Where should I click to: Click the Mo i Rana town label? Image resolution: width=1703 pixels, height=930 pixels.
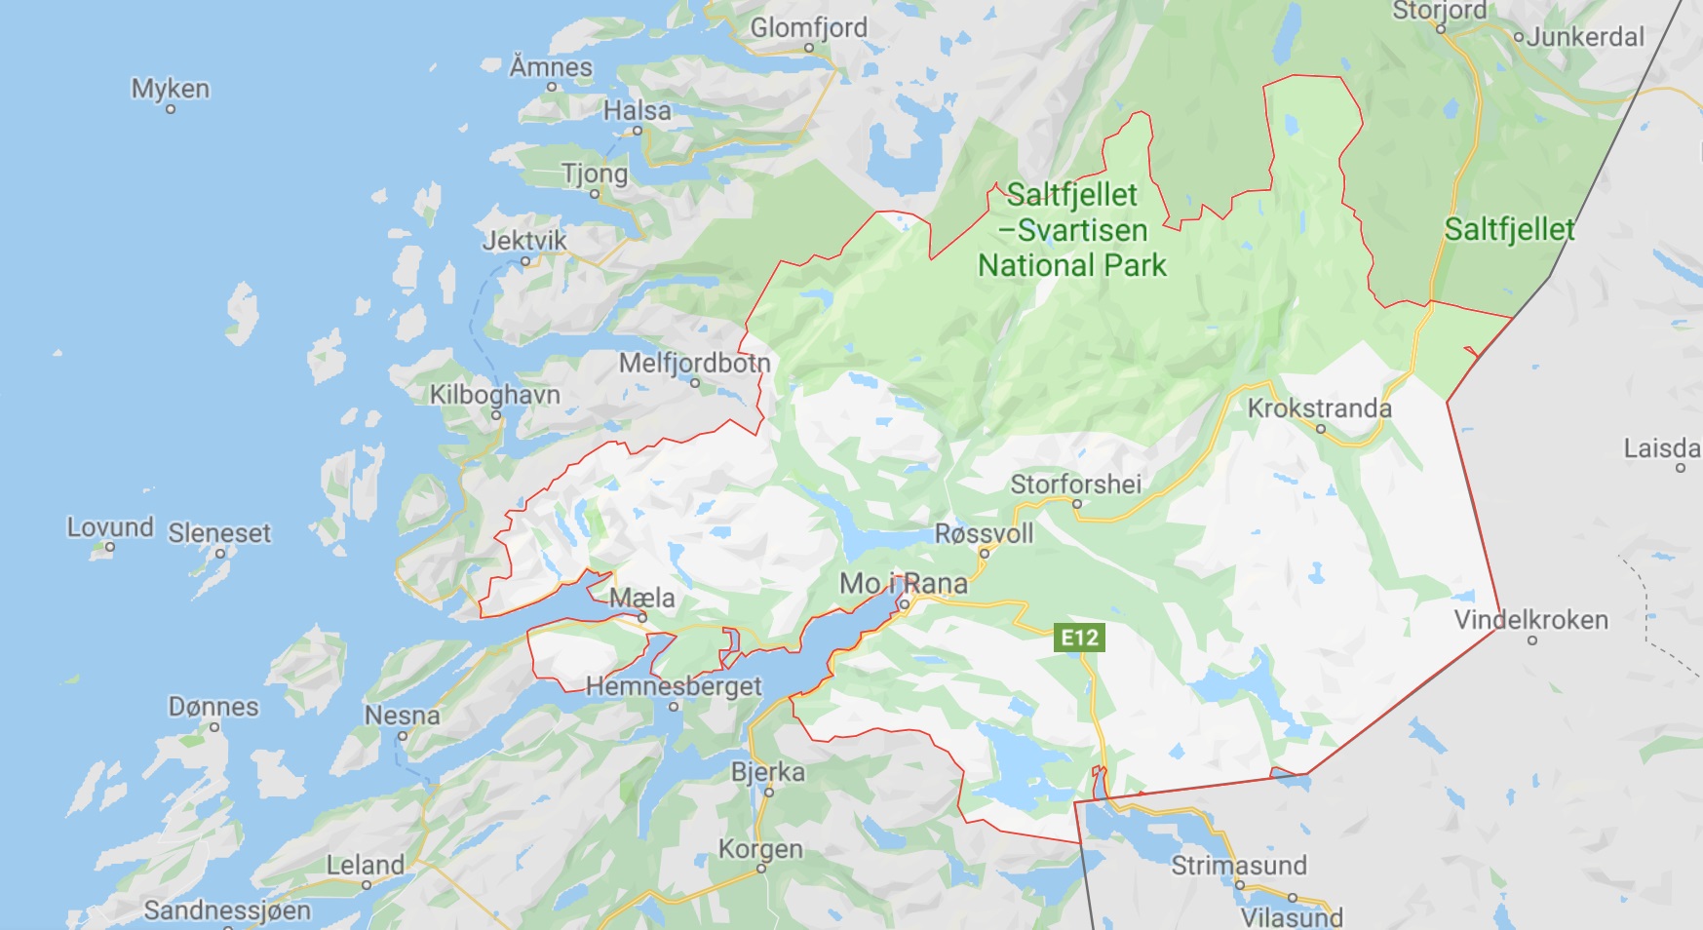903,583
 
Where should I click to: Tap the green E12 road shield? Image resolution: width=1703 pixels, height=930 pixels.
1079,638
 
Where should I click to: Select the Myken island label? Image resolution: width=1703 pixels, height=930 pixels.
171,89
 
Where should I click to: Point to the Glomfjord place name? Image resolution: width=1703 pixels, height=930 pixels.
808,27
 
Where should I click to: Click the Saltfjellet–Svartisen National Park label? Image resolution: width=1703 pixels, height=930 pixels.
1072,230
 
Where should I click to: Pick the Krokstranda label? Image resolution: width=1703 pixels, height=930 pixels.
1319,407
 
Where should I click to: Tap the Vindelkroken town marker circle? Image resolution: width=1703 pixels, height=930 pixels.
1532,640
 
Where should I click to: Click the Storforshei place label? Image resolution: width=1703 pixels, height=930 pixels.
1075,484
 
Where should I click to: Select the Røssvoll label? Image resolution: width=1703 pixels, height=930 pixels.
984,533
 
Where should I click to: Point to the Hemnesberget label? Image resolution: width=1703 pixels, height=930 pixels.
673,685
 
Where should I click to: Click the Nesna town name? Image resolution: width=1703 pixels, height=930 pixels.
402,716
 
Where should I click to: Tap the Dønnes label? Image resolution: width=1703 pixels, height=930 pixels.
213,706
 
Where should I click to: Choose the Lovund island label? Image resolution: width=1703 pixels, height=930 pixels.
110,527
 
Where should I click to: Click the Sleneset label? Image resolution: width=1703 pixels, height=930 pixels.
219,532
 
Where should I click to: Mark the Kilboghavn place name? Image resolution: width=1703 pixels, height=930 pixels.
495,394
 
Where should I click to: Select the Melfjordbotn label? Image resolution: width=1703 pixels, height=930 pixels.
694,363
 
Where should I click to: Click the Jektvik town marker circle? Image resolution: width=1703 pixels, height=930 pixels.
525,261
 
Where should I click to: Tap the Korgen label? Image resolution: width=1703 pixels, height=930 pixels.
760,848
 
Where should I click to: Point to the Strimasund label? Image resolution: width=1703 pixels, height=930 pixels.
1238,865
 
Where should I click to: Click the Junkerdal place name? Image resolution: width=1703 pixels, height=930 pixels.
1585,37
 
